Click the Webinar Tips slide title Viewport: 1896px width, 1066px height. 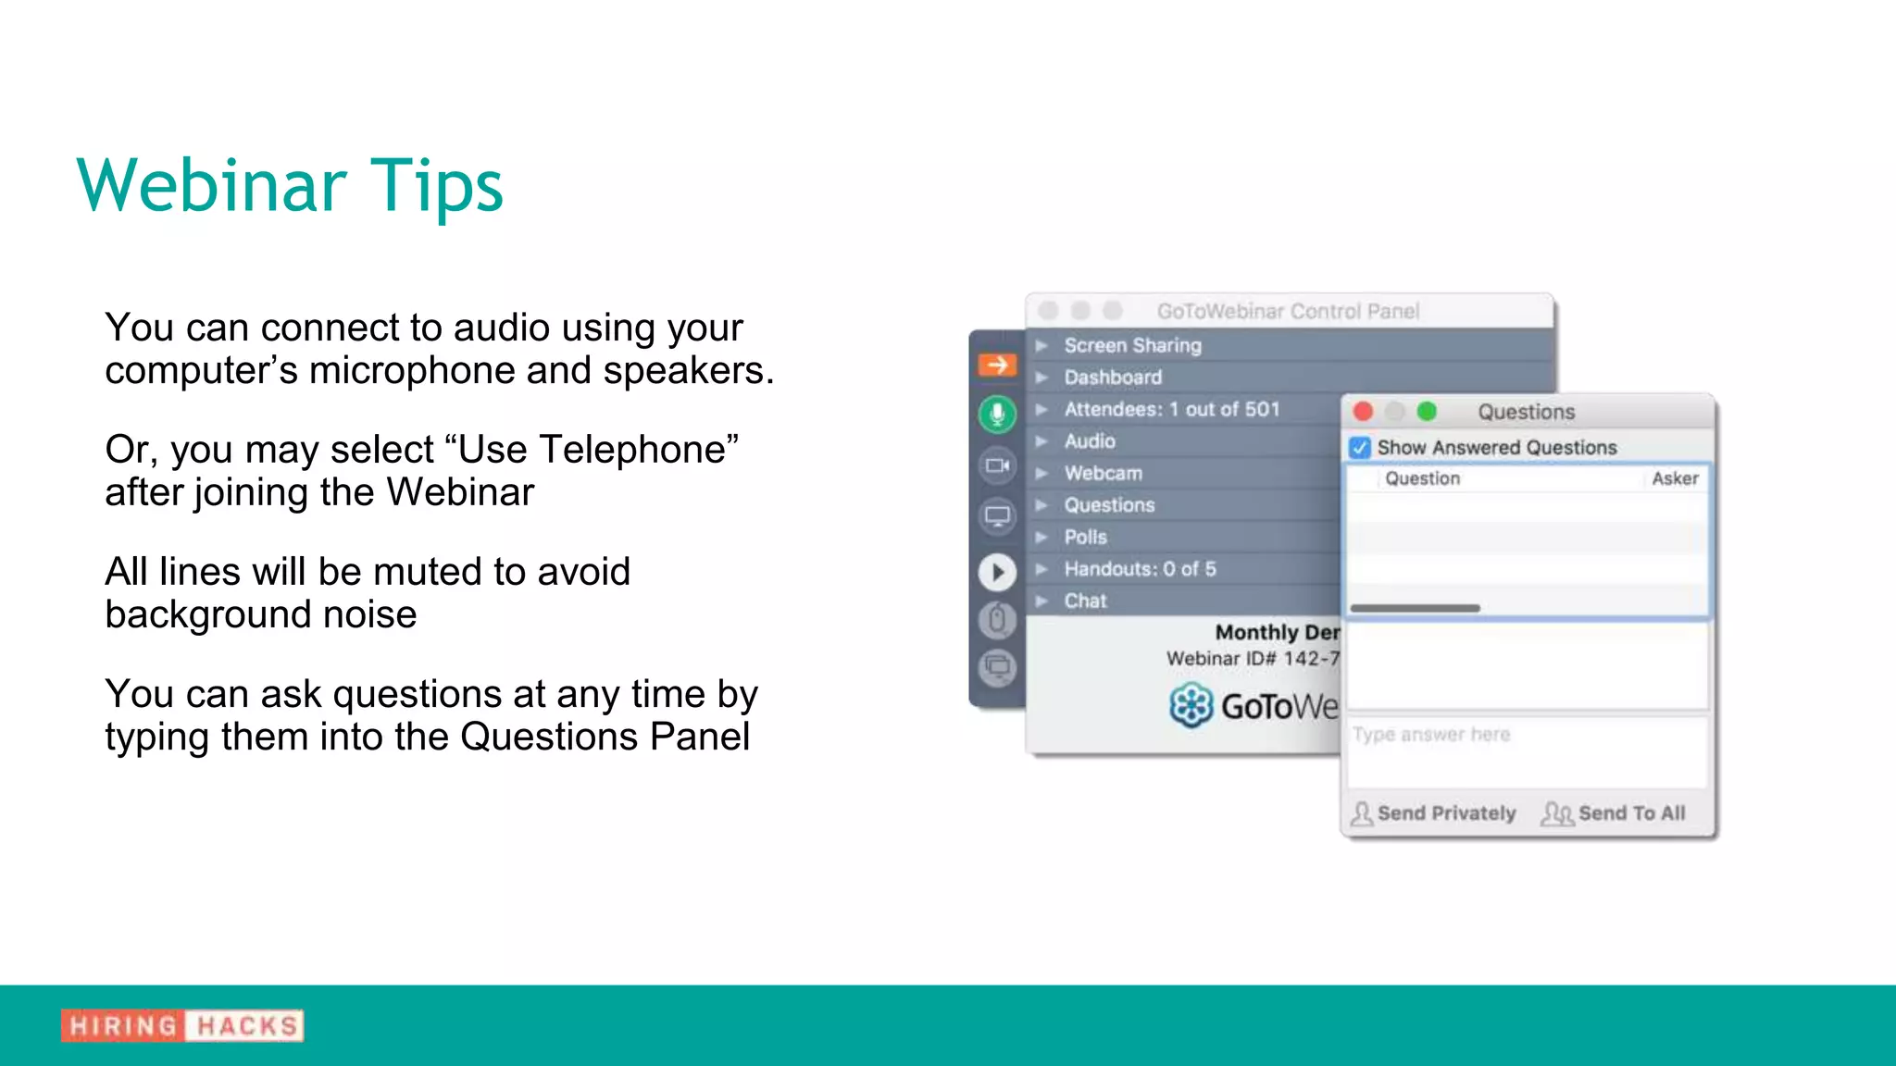tap(290, 185)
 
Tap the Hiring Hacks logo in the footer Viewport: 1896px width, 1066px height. tap(182, 1025)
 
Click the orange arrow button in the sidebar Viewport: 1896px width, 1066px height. tap(997, 365)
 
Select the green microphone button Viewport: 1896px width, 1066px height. tap(997, 414)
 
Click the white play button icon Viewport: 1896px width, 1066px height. tap(997, 572)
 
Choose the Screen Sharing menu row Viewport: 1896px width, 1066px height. tap(1132, 345)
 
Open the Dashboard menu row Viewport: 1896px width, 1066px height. tap(1113, 378)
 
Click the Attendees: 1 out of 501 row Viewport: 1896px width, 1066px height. tap(1171, 409)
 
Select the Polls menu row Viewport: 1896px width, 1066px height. tap(1085, 537)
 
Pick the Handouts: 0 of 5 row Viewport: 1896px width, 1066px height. tap(1140, 569)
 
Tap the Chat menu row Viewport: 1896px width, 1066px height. tap(1085, 601)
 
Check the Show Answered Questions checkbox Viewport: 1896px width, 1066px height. tap(1360, 448)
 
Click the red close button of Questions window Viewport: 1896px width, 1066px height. tap(1363, 411)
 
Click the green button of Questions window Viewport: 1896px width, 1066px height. tap(1427, 411)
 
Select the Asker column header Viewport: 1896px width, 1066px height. tap(1675, 478)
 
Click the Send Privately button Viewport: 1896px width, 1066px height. tap(1434, 813)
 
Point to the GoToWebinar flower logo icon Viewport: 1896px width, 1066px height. tap(1191, 706)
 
